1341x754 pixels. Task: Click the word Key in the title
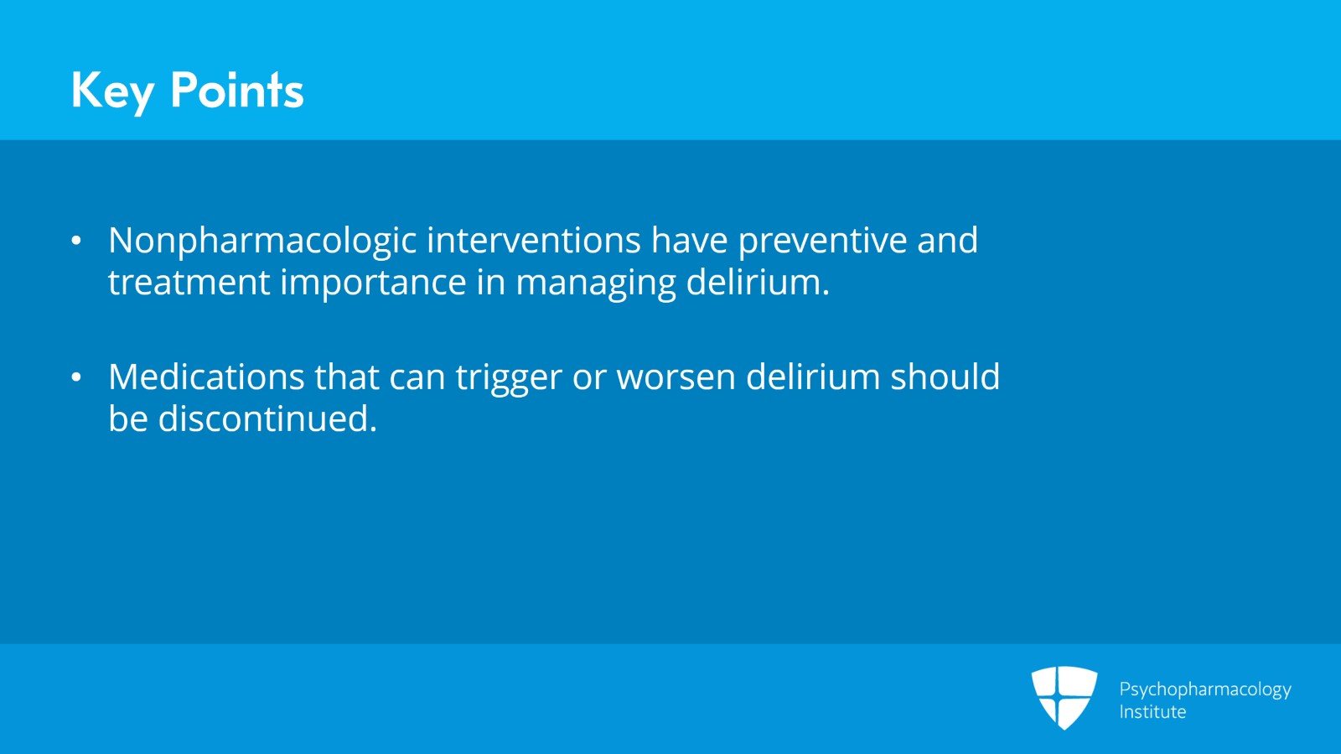112,91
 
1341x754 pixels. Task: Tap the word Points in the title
236,91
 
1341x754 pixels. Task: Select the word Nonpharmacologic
262,241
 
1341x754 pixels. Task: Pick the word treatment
189,283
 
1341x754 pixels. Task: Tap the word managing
595,283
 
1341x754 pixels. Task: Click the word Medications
206,377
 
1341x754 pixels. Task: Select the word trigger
508,377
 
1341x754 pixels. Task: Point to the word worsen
676,377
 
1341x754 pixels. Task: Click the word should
945,377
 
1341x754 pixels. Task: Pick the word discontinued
267,419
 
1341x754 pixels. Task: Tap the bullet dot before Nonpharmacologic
76,242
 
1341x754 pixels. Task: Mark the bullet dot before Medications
76,378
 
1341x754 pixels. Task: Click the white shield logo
1064,697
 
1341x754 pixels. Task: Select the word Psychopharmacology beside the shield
1204,689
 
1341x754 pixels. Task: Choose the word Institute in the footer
1152,712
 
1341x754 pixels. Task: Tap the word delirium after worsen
812,377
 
